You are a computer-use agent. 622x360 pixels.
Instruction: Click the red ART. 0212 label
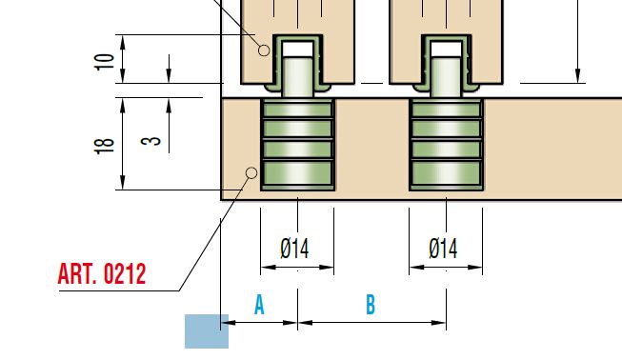click(102, 273)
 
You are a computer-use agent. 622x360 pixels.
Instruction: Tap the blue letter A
click(259, 305)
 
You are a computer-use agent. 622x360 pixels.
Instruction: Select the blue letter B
click(371, 305)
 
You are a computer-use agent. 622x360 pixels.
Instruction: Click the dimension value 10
click(105, 62)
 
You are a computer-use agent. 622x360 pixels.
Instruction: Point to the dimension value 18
click(105, 146)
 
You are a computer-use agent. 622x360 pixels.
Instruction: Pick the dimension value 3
click(151, 141)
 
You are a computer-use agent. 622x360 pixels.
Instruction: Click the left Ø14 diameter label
click(294, 249)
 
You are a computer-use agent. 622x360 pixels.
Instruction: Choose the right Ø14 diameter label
click(443, 249)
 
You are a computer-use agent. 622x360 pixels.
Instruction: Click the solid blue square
click(207, 331)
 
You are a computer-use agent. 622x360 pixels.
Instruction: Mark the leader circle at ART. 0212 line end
click(251, 173)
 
